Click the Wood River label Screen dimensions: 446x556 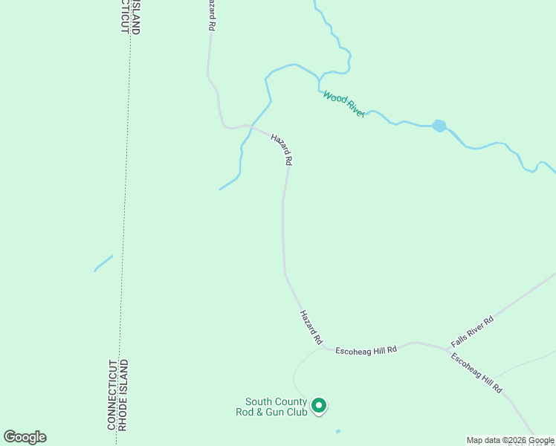tap(343, 103)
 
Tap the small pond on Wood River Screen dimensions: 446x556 tap(439, 126)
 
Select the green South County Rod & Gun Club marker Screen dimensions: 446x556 tap(319, 405)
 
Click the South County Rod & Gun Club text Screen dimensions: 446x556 tap(271, 407)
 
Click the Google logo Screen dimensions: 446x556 tap(25, 437)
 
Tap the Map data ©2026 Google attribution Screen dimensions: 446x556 tap(510, 440)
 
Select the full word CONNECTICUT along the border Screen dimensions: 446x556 tap(111, 395)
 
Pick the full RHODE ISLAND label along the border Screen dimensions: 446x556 tap(124, 395)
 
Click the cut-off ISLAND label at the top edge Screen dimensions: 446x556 tap(136, 17)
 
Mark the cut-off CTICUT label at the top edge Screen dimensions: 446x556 tap(124, 15)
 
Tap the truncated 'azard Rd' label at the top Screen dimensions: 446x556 tap(212, 15)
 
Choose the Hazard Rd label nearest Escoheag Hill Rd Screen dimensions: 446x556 tap(311, 327)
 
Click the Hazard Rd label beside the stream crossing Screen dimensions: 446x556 tap(282, 149)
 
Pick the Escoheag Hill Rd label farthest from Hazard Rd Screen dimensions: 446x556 tap(476, 372)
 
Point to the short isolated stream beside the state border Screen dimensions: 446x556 tap(103, 263)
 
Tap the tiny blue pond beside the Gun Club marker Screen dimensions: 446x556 tap(338, 431)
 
